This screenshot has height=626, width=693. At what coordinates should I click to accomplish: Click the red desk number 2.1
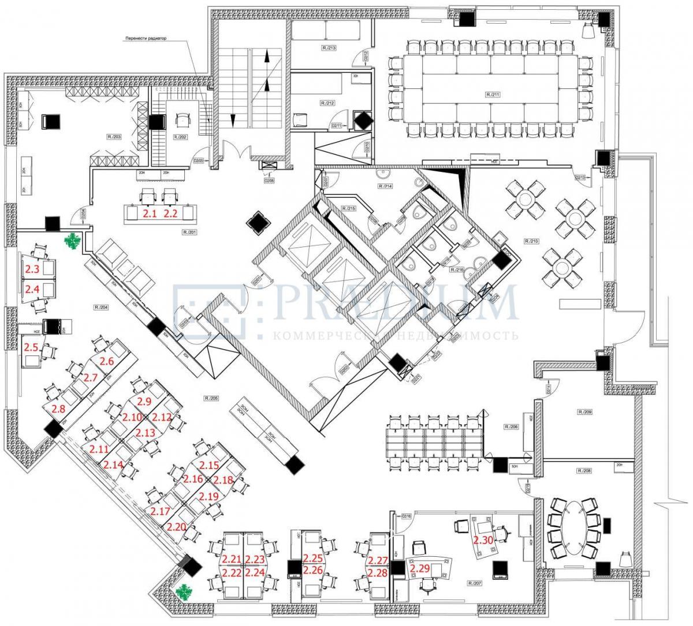(150, 213)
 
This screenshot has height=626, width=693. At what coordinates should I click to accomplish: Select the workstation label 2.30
(483, 541)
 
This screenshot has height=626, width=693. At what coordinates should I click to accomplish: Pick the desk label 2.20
(177, 526)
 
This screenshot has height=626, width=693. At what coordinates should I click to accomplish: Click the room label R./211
(492, 93)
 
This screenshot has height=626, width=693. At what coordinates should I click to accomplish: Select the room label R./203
(114, 137)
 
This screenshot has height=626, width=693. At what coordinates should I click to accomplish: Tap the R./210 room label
(531, 239)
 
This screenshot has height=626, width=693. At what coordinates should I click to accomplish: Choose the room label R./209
(585, 412)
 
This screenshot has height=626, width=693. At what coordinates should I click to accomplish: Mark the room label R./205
(211, 398)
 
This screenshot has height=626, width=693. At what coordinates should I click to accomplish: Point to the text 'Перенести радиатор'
(146, 39)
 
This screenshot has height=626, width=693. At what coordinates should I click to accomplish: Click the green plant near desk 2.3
(73, 242)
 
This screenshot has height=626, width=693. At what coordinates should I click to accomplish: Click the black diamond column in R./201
(257, 222)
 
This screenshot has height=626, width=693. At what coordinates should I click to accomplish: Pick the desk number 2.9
(144, 400)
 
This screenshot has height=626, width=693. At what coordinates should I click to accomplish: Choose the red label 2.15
(208, 464)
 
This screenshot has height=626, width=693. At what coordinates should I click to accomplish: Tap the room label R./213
(329, 47)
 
